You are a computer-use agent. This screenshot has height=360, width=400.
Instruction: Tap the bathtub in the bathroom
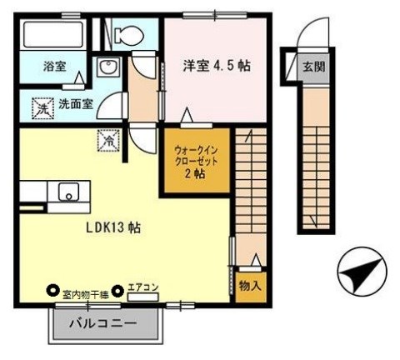coord(52,35)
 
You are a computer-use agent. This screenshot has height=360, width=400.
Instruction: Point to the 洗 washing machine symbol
coord(41,106)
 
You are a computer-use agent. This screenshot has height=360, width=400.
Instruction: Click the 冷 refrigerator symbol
coord(110,141)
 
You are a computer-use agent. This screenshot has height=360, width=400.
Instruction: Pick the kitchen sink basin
coord(66,192)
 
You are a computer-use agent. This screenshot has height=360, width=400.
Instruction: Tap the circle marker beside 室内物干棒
coord(53,292)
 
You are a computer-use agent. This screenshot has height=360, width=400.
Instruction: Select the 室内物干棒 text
coord(86,292)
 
